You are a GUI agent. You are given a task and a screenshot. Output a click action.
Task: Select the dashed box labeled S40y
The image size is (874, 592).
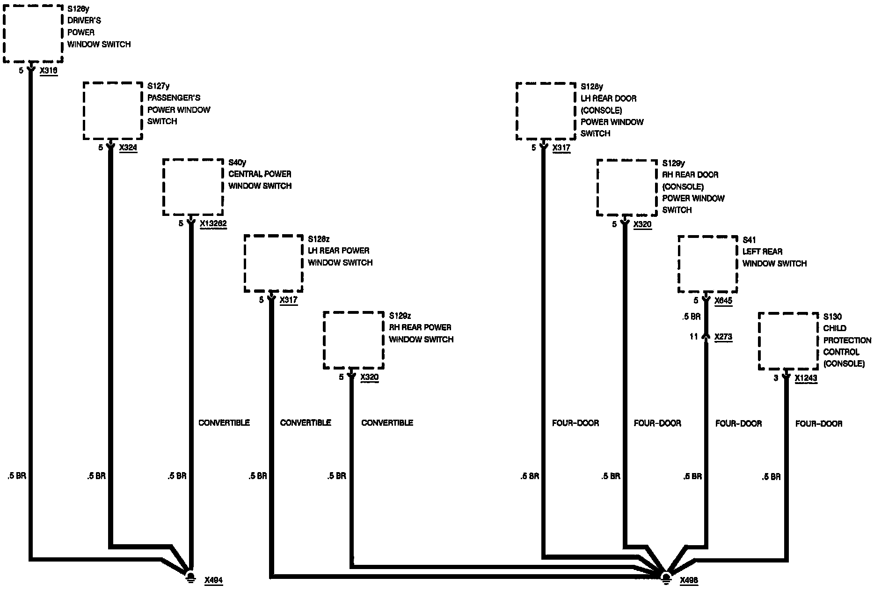[x=193, y=187]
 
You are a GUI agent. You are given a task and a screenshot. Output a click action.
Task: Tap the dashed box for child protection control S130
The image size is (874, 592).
[x=788, y=341]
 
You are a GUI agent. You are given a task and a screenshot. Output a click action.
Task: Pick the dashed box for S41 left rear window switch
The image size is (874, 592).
[x=707, y=264]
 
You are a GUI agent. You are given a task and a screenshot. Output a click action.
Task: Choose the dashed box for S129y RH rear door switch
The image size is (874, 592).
[x=627, y=188]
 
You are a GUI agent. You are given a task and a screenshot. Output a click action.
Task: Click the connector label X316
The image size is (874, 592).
[x=49, y=71]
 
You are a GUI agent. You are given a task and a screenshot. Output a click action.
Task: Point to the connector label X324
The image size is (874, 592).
[x=128, y=148]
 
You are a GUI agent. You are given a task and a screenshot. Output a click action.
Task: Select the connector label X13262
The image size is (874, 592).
[x=213, y=224]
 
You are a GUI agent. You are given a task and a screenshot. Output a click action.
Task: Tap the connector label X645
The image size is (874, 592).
[x=723, y=301]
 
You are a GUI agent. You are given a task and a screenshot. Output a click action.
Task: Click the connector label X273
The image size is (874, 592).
[x=723, y=337]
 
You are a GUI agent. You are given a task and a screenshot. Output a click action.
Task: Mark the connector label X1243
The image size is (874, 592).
[x=806, y=378]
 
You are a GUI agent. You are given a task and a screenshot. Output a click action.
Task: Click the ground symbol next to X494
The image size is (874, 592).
[x=190, y=577]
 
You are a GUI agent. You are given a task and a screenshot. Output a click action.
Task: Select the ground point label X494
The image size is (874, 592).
[x=213, y=581]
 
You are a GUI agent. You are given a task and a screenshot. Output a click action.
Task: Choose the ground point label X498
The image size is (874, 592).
[x=689, y=581]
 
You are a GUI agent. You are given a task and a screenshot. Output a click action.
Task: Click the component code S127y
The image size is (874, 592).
[x=158, y=86]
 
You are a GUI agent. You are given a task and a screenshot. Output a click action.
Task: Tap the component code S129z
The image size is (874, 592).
[x=400, y=316]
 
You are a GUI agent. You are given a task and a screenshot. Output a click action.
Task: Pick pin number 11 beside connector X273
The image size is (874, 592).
[x=693, y=337]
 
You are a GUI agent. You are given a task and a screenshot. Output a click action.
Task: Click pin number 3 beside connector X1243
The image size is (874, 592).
[x=776, y=378]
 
